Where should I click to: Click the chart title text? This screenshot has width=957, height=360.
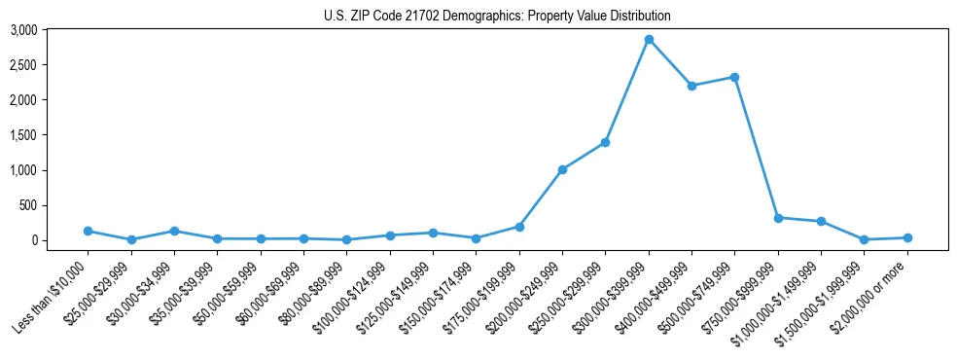click(497, 16)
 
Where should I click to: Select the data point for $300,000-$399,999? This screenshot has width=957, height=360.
click(649, 40)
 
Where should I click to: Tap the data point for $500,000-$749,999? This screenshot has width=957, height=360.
click(734, 77)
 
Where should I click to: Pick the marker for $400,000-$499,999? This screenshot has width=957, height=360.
click(691, 86)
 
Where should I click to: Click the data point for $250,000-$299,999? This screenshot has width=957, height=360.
click(605, 142)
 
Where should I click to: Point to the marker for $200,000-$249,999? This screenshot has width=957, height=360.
click(562, 169)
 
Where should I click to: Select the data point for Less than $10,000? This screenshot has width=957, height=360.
click(88, 232)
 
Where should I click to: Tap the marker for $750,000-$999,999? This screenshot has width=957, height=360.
click(778, 218)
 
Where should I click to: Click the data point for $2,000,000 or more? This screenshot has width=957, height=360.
click(907, 237)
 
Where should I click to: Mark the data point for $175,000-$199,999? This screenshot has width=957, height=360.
click(519, 227)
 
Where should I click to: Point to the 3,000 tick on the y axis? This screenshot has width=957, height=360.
click(51, 30)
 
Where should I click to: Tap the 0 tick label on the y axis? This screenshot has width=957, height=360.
click(60, 240)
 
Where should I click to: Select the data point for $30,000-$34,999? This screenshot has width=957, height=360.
click(174, 232)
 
